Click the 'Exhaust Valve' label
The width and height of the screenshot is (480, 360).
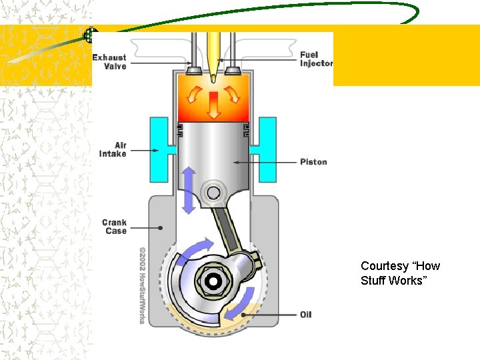(x=109, y=62)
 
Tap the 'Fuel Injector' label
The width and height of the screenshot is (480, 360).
(x=315, y=59)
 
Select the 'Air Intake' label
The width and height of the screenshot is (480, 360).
(x=113, y=149)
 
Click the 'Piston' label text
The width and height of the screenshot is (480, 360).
(x=313, y=162)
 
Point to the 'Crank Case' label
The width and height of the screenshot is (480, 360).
(x=114, y=227)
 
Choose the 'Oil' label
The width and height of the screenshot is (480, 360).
(x=305, y=314)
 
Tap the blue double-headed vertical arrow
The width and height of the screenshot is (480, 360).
(x=189, y=190)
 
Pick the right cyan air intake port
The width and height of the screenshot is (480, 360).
(x=267, y=149)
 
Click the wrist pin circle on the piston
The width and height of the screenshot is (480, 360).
(x=214, y=193)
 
